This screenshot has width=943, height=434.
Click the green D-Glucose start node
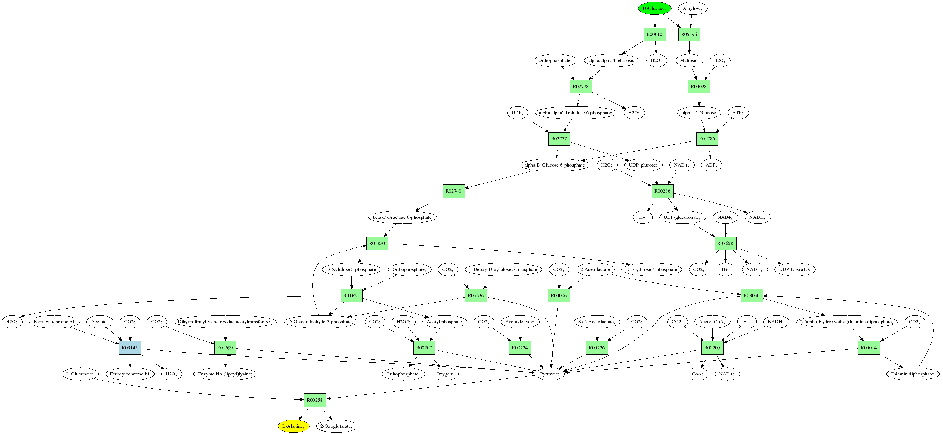click(654, 8)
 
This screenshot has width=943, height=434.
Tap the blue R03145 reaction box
click(130, 347)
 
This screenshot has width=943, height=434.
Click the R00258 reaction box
click(315, 400)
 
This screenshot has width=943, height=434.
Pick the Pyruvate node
click(550, 374)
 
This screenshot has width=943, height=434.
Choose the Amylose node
click(692, 8)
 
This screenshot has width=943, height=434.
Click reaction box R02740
click(454, 191)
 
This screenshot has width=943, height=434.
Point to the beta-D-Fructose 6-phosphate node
click(402, 217)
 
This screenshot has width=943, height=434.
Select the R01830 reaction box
click(377, 243)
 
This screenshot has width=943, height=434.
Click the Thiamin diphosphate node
click(912, 374)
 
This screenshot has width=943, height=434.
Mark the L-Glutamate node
click(80, 374)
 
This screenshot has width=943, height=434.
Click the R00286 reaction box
click(663, 191)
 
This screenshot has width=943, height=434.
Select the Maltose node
click(689, 60)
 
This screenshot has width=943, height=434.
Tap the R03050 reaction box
click(752, 296)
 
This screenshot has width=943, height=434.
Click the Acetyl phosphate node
click(444, 322)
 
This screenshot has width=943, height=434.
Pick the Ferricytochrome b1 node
click(129, 374)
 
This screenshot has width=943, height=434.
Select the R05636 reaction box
click(476, 296)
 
